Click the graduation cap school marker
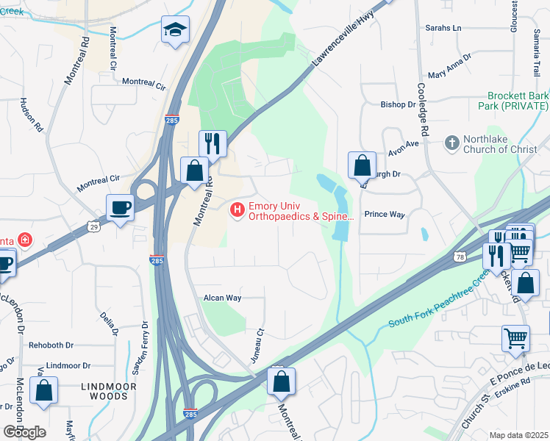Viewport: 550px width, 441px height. pyautogui.click(x=175, y=30)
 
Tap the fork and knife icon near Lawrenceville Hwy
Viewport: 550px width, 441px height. pyautogui.click(x=213, y=143)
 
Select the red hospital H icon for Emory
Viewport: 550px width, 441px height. pyautogui.click(x=238, y=210)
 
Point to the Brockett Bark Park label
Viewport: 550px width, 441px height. pyautogui.click(x=518, y=101)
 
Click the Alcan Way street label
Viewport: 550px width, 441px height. pyautogui.click(x=223, y=298)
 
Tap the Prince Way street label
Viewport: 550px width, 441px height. pyautogui.click(x=385, y=214)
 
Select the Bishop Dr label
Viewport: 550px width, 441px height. pyautogui.click(x=398, y=104)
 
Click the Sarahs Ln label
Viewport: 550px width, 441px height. pyautogui.click(x=443, y=28)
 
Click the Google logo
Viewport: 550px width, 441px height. pyautogui.click(x=24, y=431)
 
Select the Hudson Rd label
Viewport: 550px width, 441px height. pyautogui.click(x=33, y=115)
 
